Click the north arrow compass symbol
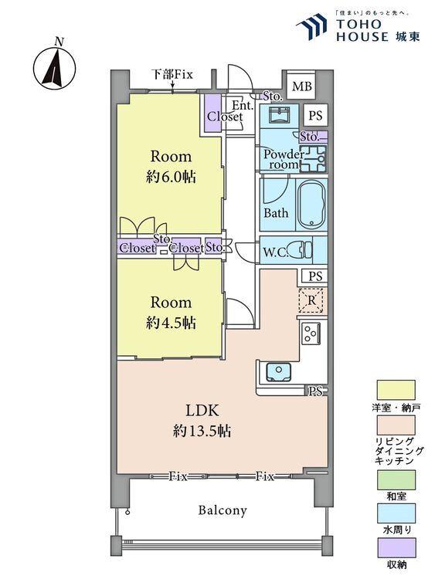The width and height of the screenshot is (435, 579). [55, 69]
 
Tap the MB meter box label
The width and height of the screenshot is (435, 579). [302, 86]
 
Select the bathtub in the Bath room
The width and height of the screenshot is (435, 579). [312, 205]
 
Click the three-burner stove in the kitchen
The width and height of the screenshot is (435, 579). [310, 334]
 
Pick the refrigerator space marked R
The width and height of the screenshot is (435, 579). [312, 300]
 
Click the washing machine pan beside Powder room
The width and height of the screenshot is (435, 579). [313, 159]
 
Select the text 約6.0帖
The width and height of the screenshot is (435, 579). [171, 178]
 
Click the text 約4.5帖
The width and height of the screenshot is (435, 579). [171, 323]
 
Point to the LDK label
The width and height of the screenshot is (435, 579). [202, 411]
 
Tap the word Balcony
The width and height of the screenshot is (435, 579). [223, 511]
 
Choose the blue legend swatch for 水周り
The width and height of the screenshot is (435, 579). [396, 513]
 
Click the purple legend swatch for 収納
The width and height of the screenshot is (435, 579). [396, 547]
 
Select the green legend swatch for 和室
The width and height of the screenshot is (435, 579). [396, 479]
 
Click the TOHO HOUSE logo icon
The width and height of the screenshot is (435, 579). [312, 25]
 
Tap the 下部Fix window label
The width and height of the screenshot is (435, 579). [172, 75]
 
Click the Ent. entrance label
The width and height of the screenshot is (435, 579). [243, 106]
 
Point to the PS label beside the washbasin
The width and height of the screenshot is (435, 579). [315, 116]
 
